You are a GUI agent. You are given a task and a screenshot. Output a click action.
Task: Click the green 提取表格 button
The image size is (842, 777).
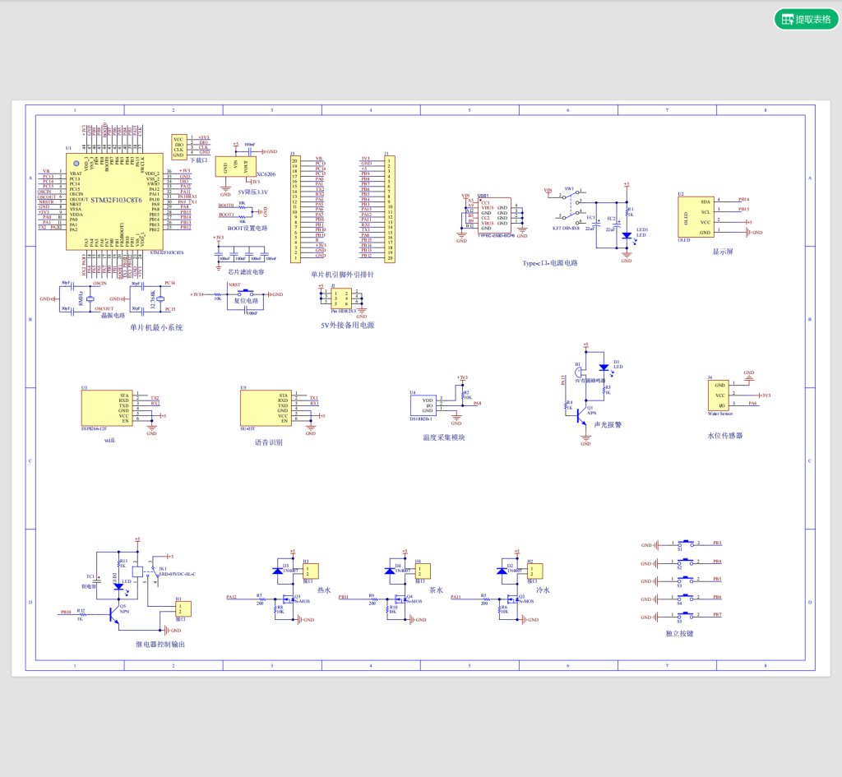click(806, 19)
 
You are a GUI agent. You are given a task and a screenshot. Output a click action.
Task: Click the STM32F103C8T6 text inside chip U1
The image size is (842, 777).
click(116, 200)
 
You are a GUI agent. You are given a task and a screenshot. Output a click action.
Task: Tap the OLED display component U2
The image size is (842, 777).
click(694, 217)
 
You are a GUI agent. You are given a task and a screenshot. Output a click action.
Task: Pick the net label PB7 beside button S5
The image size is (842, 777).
click(717, 614)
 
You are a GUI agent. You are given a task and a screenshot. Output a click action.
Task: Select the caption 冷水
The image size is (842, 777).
click(542, 590)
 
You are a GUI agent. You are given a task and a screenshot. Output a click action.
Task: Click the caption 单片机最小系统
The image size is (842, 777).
click(156, 327)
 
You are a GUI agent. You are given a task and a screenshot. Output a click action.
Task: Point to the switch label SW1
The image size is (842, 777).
click(568, 188)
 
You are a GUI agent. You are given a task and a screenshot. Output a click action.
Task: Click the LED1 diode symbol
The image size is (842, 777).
click(627, 235)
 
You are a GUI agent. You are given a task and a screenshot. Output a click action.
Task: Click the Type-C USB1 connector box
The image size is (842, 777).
click(496, 215)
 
